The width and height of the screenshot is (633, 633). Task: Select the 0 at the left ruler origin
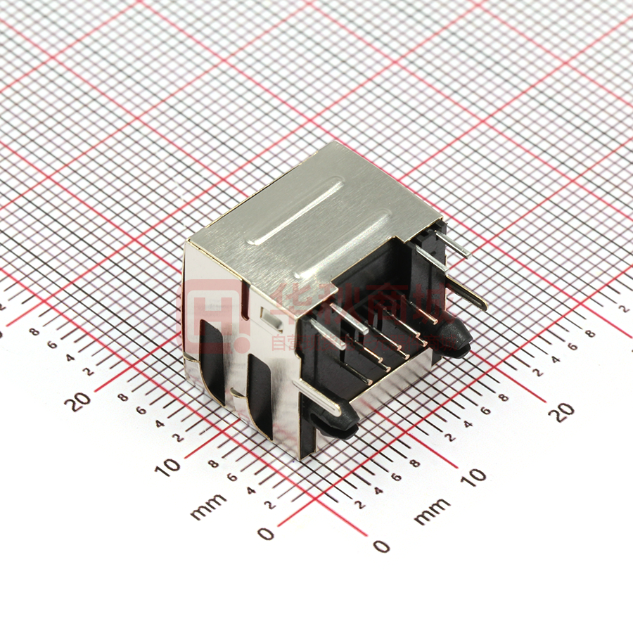click(x=266, y=534)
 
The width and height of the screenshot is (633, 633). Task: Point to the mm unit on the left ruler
click(x=209, y=506)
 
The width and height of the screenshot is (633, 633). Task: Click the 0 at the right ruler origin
click(x=381, y=546)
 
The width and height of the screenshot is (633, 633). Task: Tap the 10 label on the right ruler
click(x=475, y=476)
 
